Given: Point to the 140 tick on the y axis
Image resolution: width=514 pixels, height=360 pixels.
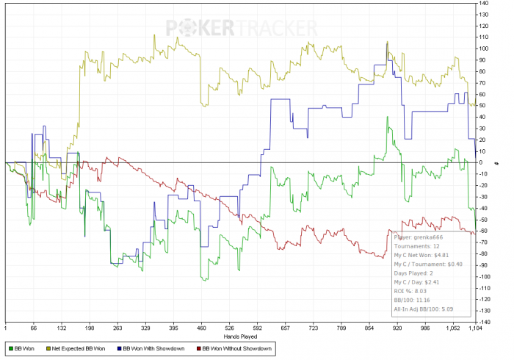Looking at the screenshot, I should click(x=484, y=3).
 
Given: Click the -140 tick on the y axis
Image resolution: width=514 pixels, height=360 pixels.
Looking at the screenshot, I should click(x=485, y=322).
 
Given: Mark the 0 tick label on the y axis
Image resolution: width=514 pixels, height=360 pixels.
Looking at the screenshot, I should click(x=481, y=162).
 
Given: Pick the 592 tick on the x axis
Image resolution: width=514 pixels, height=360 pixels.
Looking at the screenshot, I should click(x=258, y=328).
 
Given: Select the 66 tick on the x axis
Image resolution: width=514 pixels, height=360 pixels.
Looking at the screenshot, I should click(x=33, y=328).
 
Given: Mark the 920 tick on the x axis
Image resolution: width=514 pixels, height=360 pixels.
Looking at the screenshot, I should click(x=397, y=328).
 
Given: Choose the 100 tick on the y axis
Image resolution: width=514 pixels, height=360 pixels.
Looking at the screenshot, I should click(x=484, y=48).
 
